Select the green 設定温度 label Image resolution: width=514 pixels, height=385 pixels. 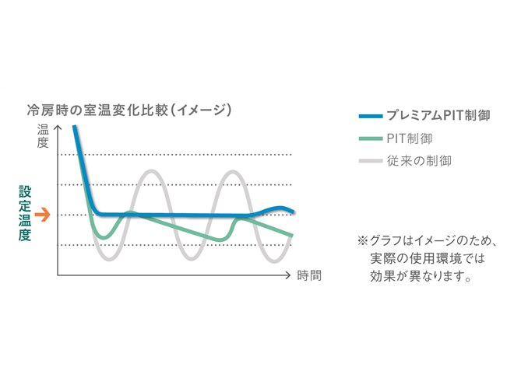(25, 214)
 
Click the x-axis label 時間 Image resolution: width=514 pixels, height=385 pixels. (309, 275)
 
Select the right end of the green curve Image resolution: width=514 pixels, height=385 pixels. (292, 235)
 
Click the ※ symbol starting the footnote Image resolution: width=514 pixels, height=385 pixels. (361, 241)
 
